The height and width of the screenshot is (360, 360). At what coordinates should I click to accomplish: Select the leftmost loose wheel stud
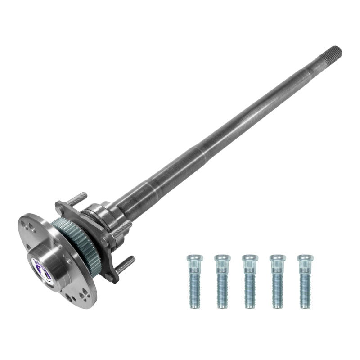(x=194, y=281)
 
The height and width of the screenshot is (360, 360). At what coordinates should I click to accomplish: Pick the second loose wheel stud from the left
(x=222, y=281)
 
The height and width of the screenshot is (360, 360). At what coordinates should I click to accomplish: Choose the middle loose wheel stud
(x=250, y=281)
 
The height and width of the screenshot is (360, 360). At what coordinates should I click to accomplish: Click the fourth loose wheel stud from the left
(x=278, y=281)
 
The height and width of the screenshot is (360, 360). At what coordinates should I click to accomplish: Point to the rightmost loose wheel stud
(x=305, y=281)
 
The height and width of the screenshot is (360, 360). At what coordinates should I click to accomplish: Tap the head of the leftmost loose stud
(x=194, y=258)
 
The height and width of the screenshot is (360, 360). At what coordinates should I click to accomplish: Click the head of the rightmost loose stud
(x=305, y=258)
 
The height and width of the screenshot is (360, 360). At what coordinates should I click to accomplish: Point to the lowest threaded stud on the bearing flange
(x=125, y=264)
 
